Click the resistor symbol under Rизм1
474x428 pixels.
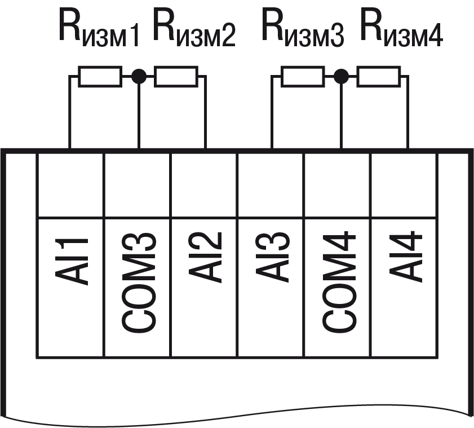pos(100,76)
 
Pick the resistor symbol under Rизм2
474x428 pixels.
pos(175,76)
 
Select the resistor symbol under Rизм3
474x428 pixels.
pos(303,76)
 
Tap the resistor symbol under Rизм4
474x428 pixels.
pos(378,76)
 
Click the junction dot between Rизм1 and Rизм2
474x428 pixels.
pos(138,76)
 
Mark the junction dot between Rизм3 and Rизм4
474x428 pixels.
pos(340,76)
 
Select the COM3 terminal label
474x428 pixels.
pos(138,282)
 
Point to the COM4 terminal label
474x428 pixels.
pos(338,282)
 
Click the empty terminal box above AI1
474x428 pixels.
pos(70,184)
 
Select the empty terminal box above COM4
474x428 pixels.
pos(338,184)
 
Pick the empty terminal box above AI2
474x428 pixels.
pos(204,184)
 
